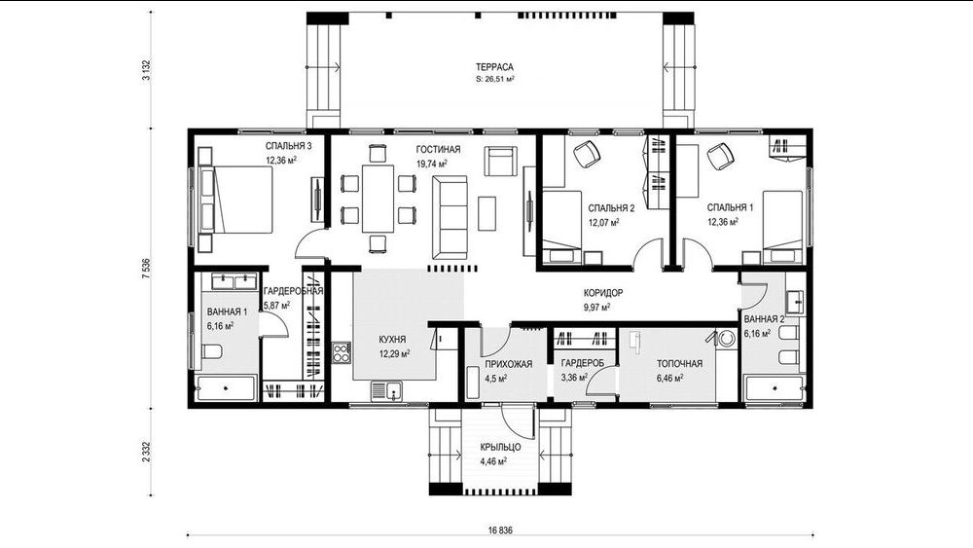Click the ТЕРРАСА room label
(x=494, y=67)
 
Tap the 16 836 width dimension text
(x=501, y=530)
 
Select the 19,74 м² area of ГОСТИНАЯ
(x=432, y=164)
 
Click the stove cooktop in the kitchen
(x=342, y=352)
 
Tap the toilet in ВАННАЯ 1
(x=211, y=352)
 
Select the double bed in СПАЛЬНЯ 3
(x=235, y=200)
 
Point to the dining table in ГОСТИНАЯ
(x=378, y=198)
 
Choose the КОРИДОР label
(x=603, y=293)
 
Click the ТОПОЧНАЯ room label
(x=679, y=364)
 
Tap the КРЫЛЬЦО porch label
(x=500, y=448)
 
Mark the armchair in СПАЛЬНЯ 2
(x=586, y=154)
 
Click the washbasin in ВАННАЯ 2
(x=794, y=303)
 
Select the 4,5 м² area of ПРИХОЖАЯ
(x=496, y=378)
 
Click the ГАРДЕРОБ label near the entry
(x=582, y=364)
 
